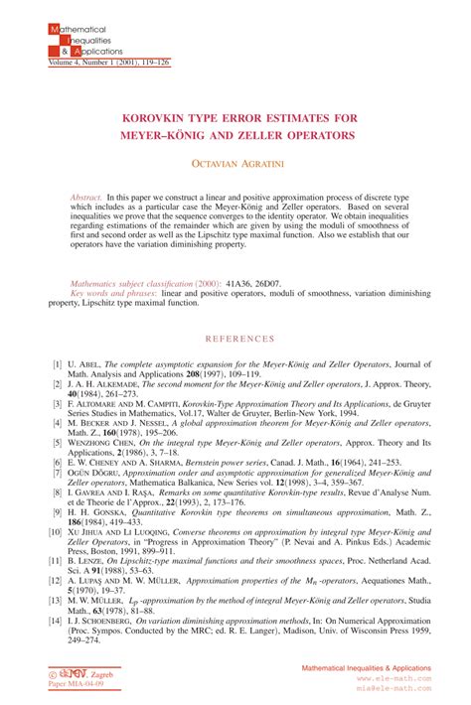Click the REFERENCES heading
click(x=235, y=339)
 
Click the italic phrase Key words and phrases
click(x=113, y=294)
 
